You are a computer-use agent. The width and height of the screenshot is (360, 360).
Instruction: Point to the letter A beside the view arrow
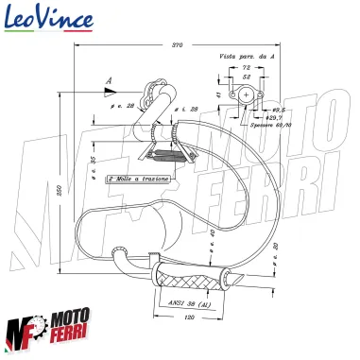(x=109, y=82)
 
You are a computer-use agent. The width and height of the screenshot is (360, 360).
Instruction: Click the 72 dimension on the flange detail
(x=247, y=69)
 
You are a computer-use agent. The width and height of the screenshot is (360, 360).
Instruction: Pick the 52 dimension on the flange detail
(x=247, y=79)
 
